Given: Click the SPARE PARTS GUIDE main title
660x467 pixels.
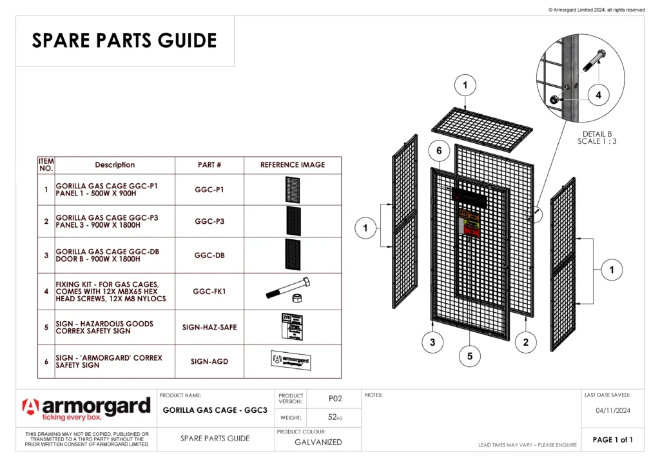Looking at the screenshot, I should pos(124,41).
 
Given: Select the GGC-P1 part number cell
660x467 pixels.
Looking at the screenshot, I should pos(209,190).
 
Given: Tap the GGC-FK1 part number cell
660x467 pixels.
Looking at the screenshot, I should pos(209,292).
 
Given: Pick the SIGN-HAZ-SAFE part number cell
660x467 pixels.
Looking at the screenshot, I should pos(209,327).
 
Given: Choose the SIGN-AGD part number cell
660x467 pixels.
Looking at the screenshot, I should pos(209,362).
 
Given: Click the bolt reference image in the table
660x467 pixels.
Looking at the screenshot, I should pos(289,291).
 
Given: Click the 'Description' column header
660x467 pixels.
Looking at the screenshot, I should pos(115,165).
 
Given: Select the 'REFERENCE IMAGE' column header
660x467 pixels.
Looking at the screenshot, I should pos(293,165).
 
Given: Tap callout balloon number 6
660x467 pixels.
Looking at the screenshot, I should pos(439,151).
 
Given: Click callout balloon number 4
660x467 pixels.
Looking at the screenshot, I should pos(598,95).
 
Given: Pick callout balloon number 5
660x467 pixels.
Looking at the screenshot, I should pos(469,355).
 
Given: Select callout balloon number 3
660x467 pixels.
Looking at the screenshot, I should pos(432,343).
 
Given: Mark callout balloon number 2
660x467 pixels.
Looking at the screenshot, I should pos(526,343).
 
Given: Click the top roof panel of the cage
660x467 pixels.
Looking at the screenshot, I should pos(481,128).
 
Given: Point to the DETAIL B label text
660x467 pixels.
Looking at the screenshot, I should pos(597,134).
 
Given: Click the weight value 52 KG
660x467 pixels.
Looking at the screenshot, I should pos(335,418).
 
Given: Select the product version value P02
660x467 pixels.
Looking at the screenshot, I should pos(335,399).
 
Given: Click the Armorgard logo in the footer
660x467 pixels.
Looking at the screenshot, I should pos(86,409).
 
